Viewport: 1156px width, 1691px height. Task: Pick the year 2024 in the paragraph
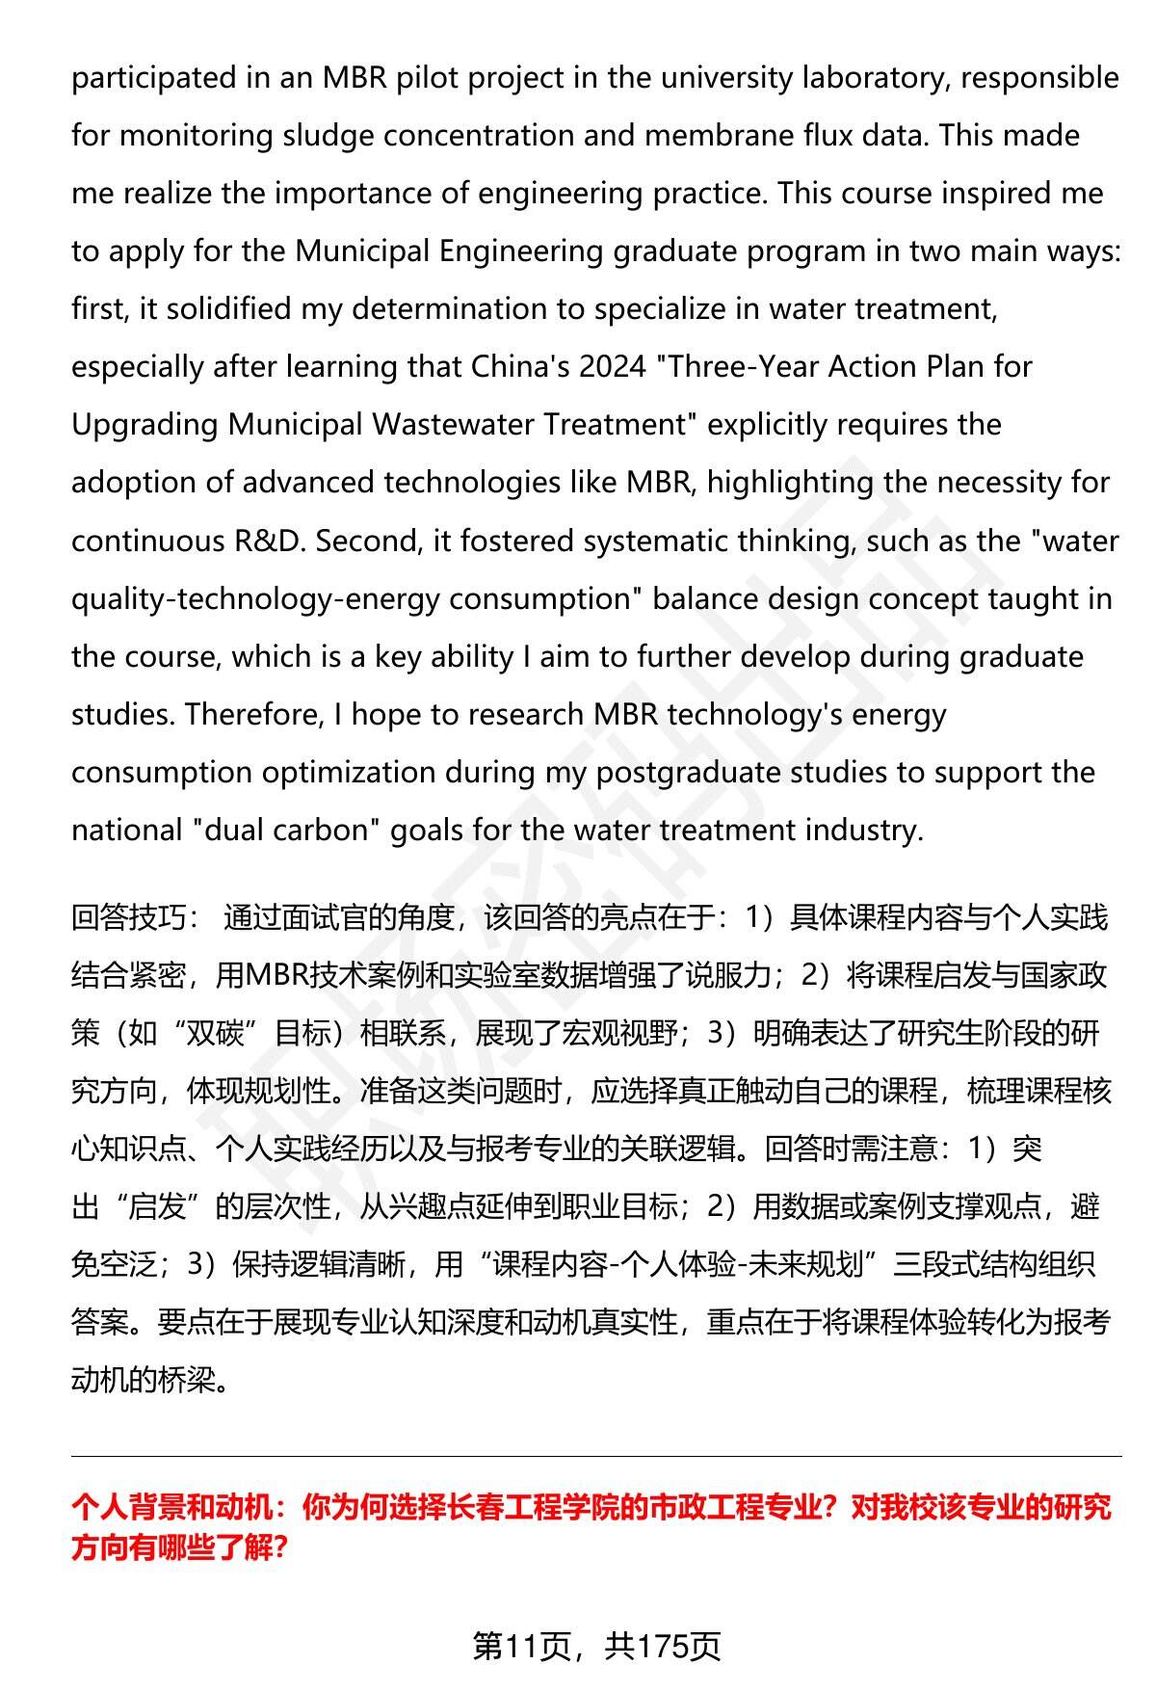(613, 367)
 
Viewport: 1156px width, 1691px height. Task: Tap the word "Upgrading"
(144, 425)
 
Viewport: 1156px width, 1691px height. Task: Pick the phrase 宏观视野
(620, 1033)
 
